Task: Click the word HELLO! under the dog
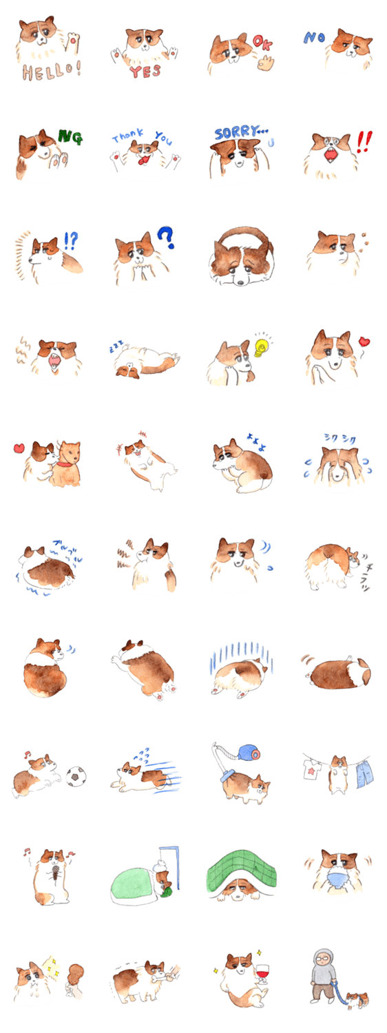click(x=52, y=71)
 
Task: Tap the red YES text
click(x=145, y=70)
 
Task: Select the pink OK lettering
click(x=262, y=43)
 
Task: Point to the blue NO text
click(x=314, y=38)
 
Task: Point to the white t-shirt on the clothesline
click(x=311, y=767)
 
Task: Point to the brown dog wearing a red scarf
click(x=70, y=457)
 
